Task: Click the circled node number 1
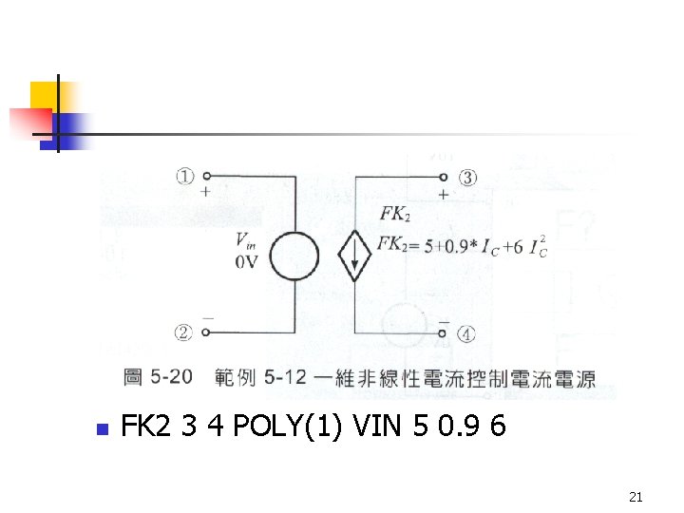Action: coord(183,176)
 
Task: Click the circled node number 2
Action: coord(183,332)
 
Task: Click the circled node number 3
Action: coord(468,176)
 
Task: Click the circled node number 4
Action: coord(467,333)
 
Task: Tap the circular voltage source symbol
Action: coord(295,256)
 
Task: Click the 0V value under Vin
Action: coord(246,262)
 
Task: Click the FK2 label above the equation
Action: coord(394,216)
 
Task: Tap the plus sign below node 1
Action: coord(205,191)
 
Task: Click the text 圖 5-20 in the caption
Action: coord(158,378)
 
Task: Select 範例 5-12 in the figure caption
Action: coord(261,378)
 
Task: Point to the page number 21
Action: coord(636,497)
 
